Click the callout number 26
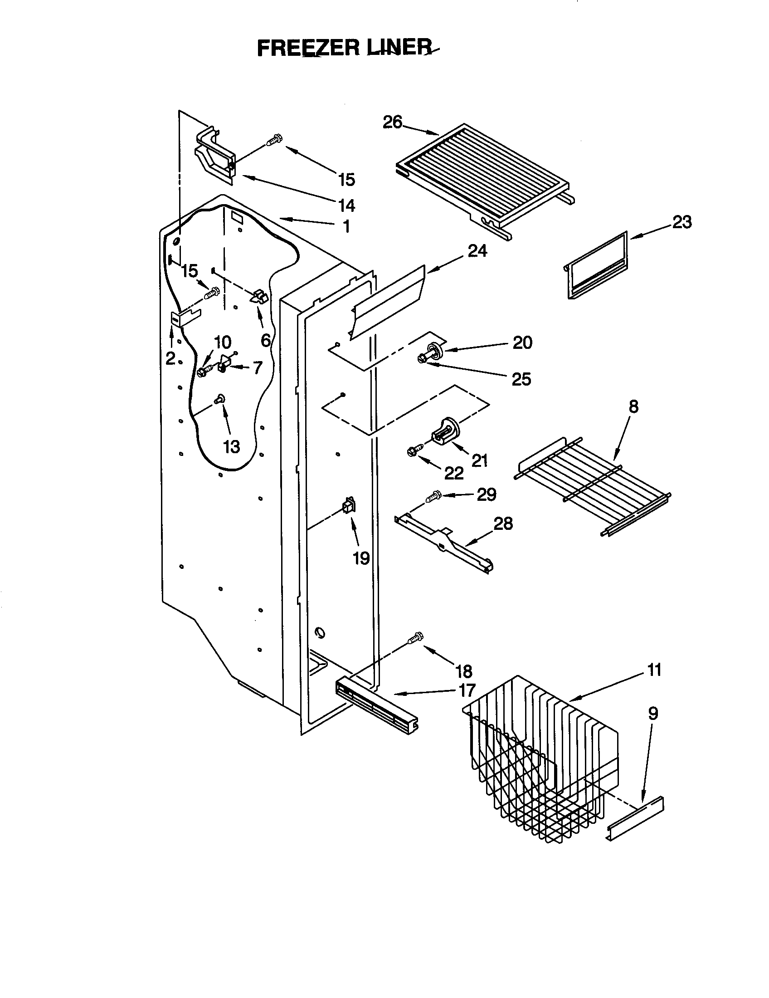(392, 122)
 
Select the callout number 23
(681, 223)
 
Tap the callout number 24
(477, 251)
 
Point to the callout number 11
(654, 670)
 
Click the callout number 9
(653, 713)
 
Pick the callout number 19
(361, 558)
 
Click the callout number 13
(232, 446)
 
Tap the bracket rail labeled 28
(443, 544)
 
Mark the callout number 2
(170, 358)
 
